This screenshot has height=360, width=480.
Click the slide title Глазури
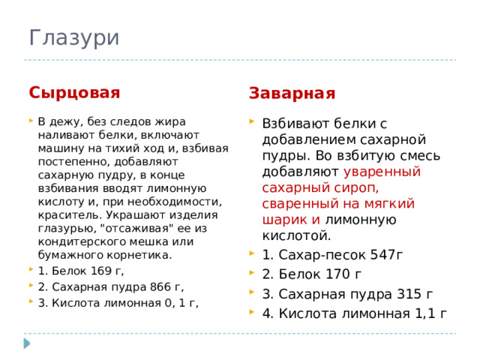[73, 37]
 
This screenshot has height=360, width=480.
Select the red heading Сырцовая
[74, 92]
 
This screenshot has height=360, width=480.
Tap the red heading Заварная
[292, 93]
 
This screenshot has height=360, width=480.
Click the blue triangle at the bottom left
[27, 343]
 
